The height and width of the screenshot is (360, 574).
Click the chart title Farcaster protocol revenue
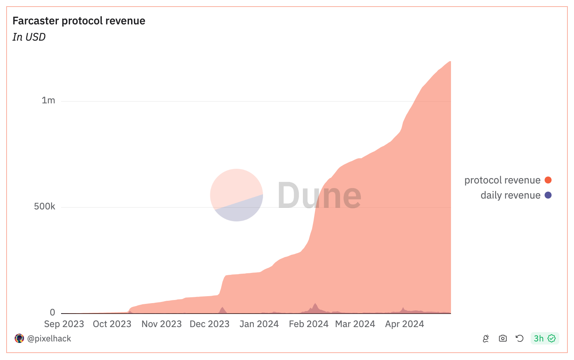[79, 21]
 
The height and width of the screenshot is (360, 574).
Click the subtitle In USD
[29, 37]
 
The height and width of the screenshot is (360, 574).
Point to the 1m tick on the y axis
[48, 101]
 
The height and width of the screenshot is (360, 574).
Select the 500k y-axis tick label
[44, 207]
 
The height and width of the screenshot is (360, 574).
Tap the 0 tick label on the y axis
[53, 312]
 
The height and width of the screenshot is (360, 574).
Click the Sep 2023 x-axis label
[64, 324]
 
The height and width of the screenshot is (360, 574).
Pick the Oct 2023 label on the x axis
[112, 324]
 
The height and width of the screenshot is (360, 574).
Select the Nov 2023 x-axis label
[161, 324]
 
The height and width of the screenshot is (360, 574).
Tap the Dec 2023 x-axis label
[209, 324]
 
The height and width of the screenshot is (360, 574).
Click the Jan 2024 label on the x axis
[259, 324]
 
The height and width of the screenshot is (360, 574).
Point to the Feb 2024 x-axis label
[308, 324]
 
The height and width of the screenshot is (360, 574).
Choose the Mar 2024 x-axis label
[355, 324]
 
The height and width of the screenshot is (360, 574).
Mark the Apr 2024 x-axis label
[405, 324]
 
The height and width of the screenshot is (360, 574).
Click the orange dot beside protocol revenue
[548, 180]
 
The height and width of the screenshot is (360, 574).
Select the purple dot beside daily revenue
[548, 195]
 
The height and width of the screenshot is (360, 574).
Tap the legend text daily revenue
[510, 195]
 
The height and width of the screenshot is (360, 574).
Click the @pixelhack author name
[49, 339]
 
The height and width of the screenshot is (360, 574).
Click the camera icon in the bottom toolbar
[503, 339]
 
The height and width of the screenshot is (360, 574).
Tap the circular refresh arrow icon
[519, 339]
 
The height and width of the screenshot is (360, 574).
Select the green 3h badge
[545, 339]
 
